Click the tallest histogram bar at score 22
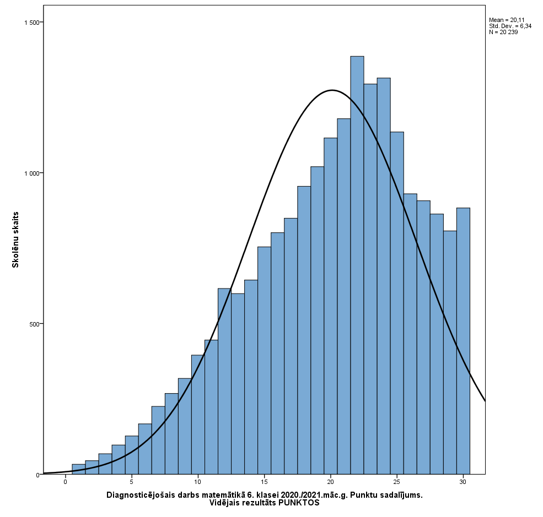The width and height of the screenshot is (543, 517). (x=357, y=264)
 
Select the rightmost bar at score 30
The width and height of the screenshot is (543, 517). (x=463, y=341)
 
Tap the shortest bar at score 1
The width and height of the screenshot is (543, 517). (x=79, y=469)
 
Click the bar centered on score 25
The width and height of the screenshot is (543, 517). (x=397, y=303)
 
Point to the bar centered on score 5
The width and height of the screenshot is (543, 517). (x=132, y=455)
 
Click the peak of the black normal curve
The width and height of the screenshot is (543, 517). (x=331, y=90)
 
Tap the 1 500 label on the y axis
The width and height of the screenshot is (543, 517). (x=33, y=22)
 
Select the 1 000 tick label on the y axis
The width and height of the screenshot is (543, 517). (x=33, y=173)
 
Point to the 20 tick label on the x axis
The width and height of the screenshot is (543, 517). (x=331, y=482)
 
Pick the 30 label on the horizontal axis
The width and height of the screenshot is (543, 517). (x=463, y=482)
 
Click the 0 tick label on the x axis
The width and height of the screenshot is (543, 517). (x=66, y=482)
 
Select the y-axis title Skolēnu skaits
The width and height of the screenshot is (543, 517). (x=15, y=240)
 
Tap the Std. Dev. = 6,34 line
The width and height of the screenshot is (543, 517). (x=506, y=26)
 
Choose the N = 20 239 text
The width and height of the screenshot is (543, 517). (x=503, y=32)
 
